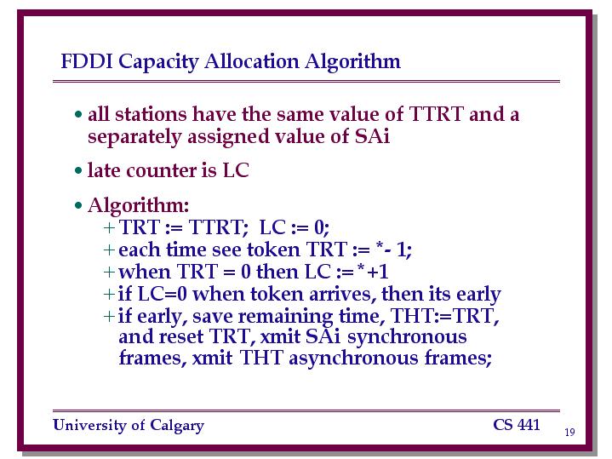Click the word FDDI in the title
click(87, 61)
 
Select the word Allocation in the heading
click(251, 61)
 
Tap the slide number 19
click(569, 432)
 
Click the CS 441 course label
click(517, 425)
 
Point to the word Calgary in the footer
click(177, 426)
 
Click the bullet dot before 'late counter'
click(79, 170)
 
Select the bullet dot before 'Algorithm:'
click(79, 205)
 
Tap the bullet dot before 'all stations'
click(79, 114)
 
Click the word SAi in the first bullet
click(372, 136)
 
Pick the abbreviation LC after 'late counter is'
click(236, 170)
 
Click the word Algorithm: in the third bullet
click(139, 206)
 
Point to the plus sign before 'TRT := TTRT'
click(109, 227)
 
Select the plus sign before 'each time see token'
click(109, 250)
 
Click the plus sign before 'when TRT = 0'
click(109, 272)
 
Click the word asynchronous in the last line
click(353, 359)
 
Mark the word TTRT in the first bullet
click(437, 114)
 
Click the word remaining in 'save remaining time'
click(285, 317)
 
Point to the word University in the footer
click(89, 425)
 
